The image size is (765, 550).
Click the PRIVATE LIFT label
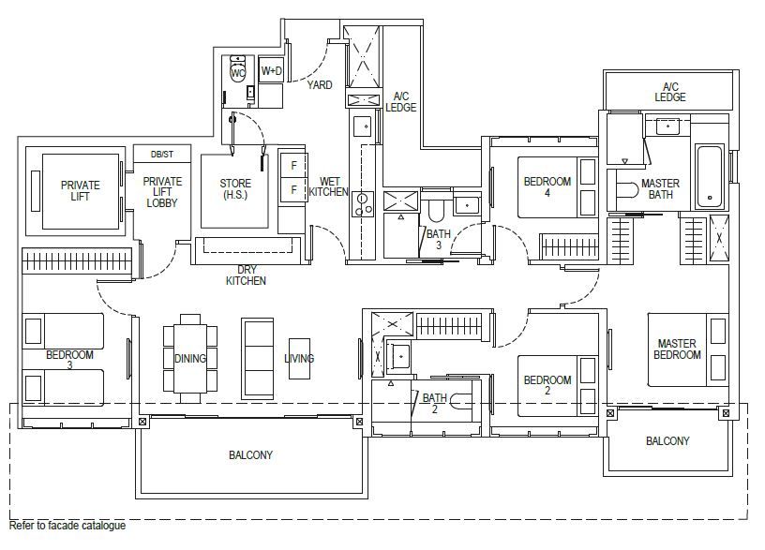point(80,190)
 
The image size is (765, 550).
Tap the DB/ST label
point(162,154)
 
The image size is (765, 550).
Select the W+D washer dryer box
point(271,70)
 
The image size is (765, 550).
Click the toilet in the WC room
point(237,71)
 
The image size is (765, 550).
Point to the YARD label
point(320,85)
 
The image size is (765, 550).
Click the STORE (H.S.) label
point(235,189)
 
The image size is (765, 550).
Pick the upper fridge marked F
point(293,166)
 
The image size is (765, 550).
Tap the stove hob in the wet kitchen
point(362,204)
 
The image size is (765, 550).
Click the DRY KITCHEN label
point(246,275)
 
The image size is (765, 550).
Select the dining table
point(190,358)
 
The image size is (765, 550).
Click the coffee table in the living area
point(299,359)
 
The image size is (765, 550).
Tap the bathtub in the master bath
point(710,176)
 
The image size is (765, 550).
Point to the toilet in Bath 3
point(436,209)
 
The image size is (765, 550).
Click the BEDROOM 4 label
point(547,186)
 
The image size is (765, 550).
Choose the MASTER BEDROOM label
point(677,349)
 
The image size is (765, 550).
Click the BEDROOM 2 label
point(547,385)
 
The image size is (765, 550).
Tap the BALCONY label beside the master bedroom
point(667,440)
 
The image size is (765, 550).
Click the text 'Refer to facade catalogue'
point(67,526)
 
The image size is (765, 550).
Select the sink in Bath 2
point(399,357)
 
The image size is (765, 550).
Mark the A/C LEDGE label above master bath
point(670,92)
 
